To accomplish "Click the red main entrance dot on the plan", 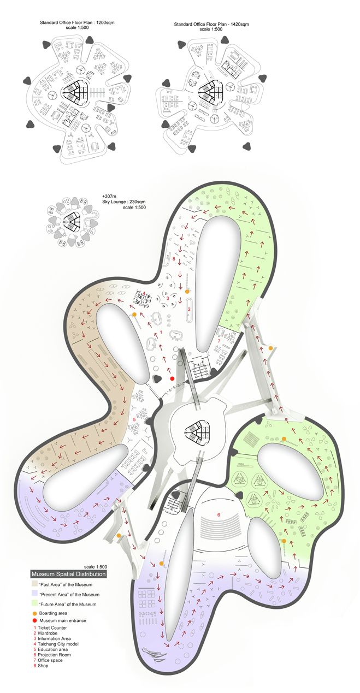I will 172,378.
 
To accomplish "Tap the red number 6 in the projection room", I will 219,514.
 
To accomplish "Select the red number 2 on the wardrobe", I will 188,309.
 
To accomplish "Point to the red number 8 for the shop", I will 174,260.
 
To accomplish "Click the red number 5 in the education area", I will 134,419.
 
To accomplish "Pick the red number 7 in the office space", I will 219,340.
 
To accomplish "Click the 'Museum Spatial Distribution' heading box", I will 68,574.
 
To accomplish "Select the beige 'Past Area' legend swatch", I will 34,584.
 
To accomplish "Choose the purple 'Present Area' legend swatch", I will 34,594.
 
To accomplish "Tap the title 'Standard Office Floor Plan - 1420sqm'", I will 211,25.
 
